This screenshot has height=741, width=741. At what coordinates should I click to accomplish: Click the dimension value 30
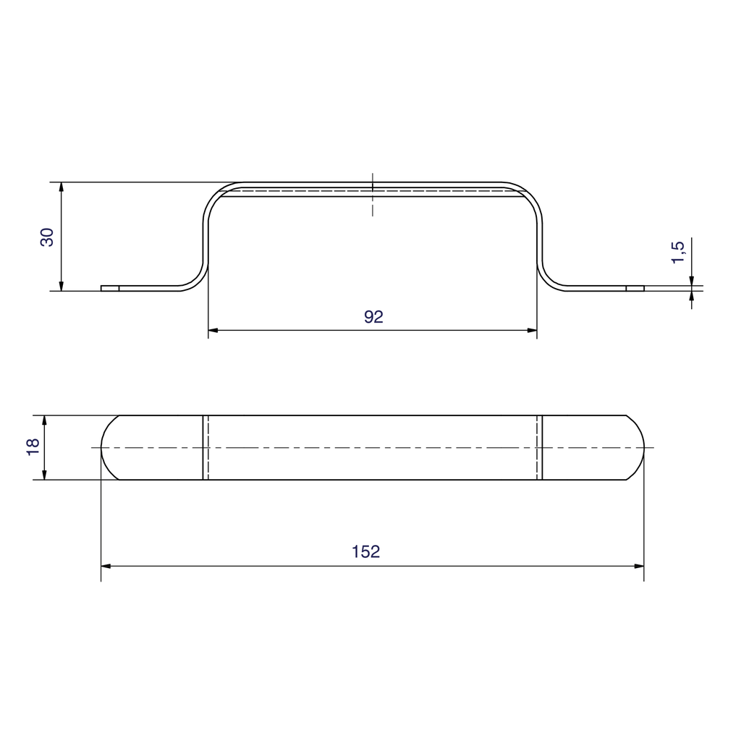click(47, 237)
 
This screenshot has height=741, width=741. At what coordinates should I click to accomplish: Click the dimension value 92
click(373, 316)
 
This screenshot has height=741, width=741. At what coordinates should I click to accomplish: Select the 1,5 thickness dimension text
click(678, 252)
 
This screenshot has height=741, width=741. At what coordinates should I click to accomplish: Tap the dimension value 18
click(33, 447)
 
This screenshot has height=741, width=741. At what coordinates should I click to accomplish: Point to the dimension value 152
click(365, 551)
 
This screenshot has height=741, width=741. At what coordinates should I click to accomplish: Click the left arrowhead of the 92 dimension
click(213, 331)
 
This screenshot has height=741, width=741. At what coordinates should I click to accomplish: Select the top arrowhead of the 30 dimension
click(62, 187)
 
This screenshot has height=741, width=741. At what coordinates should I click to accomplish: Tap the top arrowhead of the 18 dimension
click(45, 420)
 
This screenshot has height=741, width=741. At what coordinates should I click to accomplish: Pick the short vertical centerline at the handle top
click(373, 195)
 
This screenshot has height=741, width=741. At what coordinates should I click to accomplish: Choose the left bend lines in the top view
click(206, 447)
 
